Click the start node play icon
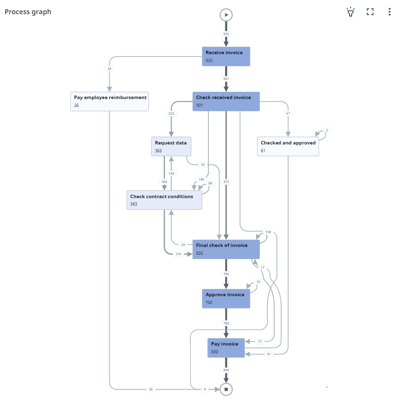tap(226, 15)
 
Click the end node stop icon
tap(226, 389)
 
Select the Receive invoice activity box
tap(226, 56)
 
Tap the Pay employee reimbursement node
tap(110, 101)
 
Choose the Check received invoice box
tap(226, 101)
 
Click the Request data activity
tap(171, 146)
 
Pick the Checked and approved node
tap(288, 146)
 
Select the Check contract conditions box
tap(164, 200)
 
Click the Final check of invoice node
tap(226, 249)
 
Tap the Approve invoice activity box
tap(226, 298)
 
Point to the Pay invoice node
tap(226, 347)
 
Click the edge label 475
tap(226, 182)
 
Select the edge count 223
tap(171, 113)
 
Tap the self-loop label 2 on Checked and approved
tap(327, 130)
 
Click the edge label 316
tap(178, 254)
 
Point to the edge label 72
tap(259, 341)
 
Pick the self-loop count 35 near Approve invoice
tap(258, 282)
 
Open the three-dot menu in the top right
tap(389, 12)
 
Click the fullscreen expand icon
tap(370, 12)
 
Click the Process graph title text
tap(28, 12)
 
